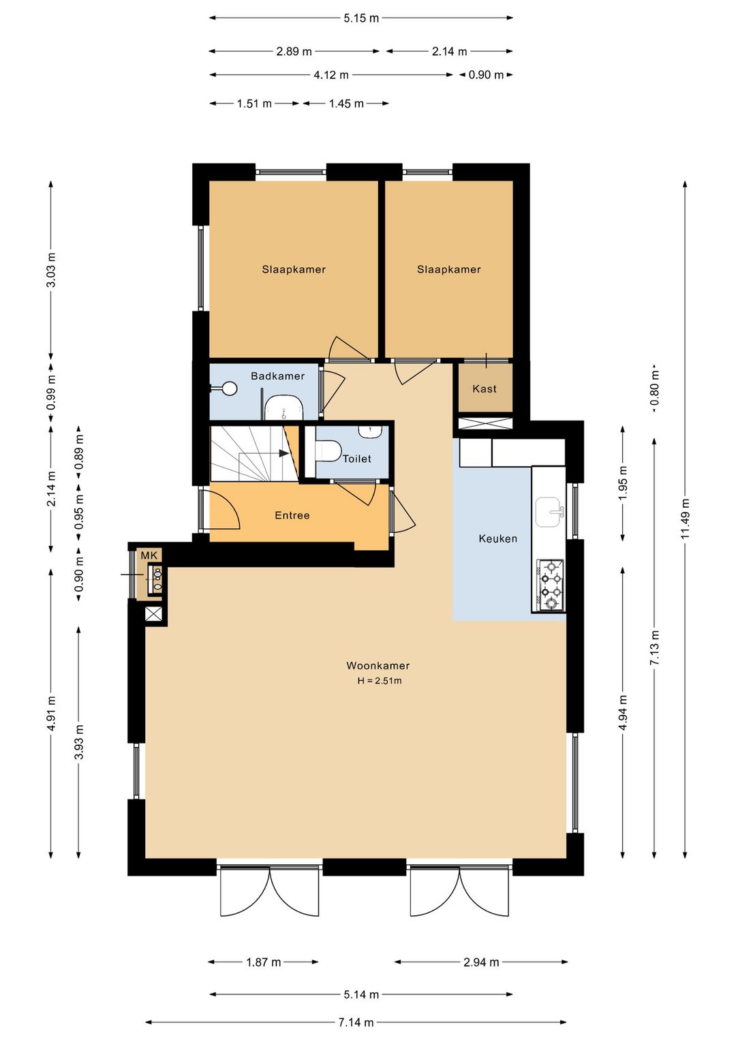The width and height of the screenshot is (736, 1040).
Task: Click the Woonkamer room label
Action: click(x=378, y=666)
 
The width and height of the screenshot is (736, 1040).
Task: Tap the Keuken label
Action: click(x=497, y=538)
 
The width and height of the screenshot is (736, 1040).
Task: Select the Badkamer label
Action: click(x=277, y=376)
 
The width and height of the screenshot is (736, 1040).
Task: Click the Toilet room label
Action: click(x=356, y=459)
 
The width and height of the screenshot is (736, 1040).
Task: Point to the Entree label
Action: click(x=292, y=515)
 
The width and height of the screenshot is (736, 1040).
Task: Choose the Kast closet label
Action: click(x=485, y=388)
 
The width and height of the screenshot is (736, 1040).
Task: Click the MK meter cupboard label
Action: click(x=149, y=555)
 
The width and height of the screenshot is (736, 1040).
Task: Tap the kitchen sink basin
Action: click(x=549, y=512)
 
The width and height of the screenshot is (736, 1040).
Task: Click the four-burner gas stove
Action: click(x=550, y=585)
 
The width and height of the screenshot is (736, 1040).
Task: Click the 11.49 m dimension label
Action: click(x=686, y=519)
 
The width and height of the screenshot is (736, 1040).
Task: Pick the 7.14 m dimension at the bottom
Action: click(x=356, y=1022)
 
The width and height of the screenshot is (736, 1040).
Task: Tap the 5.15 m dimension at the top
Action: click(x=361, y=18)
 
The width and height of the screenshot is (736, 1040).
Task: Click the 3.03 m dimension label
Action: click(x=51, y=270)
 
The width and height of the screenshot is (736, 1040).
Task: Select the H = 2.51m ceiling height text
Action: click(x=380, y=681)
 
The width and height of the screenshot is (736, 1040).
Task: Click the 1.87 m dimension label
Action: click(x=263, y=962)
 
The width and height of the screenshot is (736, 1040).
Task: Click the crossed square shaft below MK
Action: click(x=154, y=614)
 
